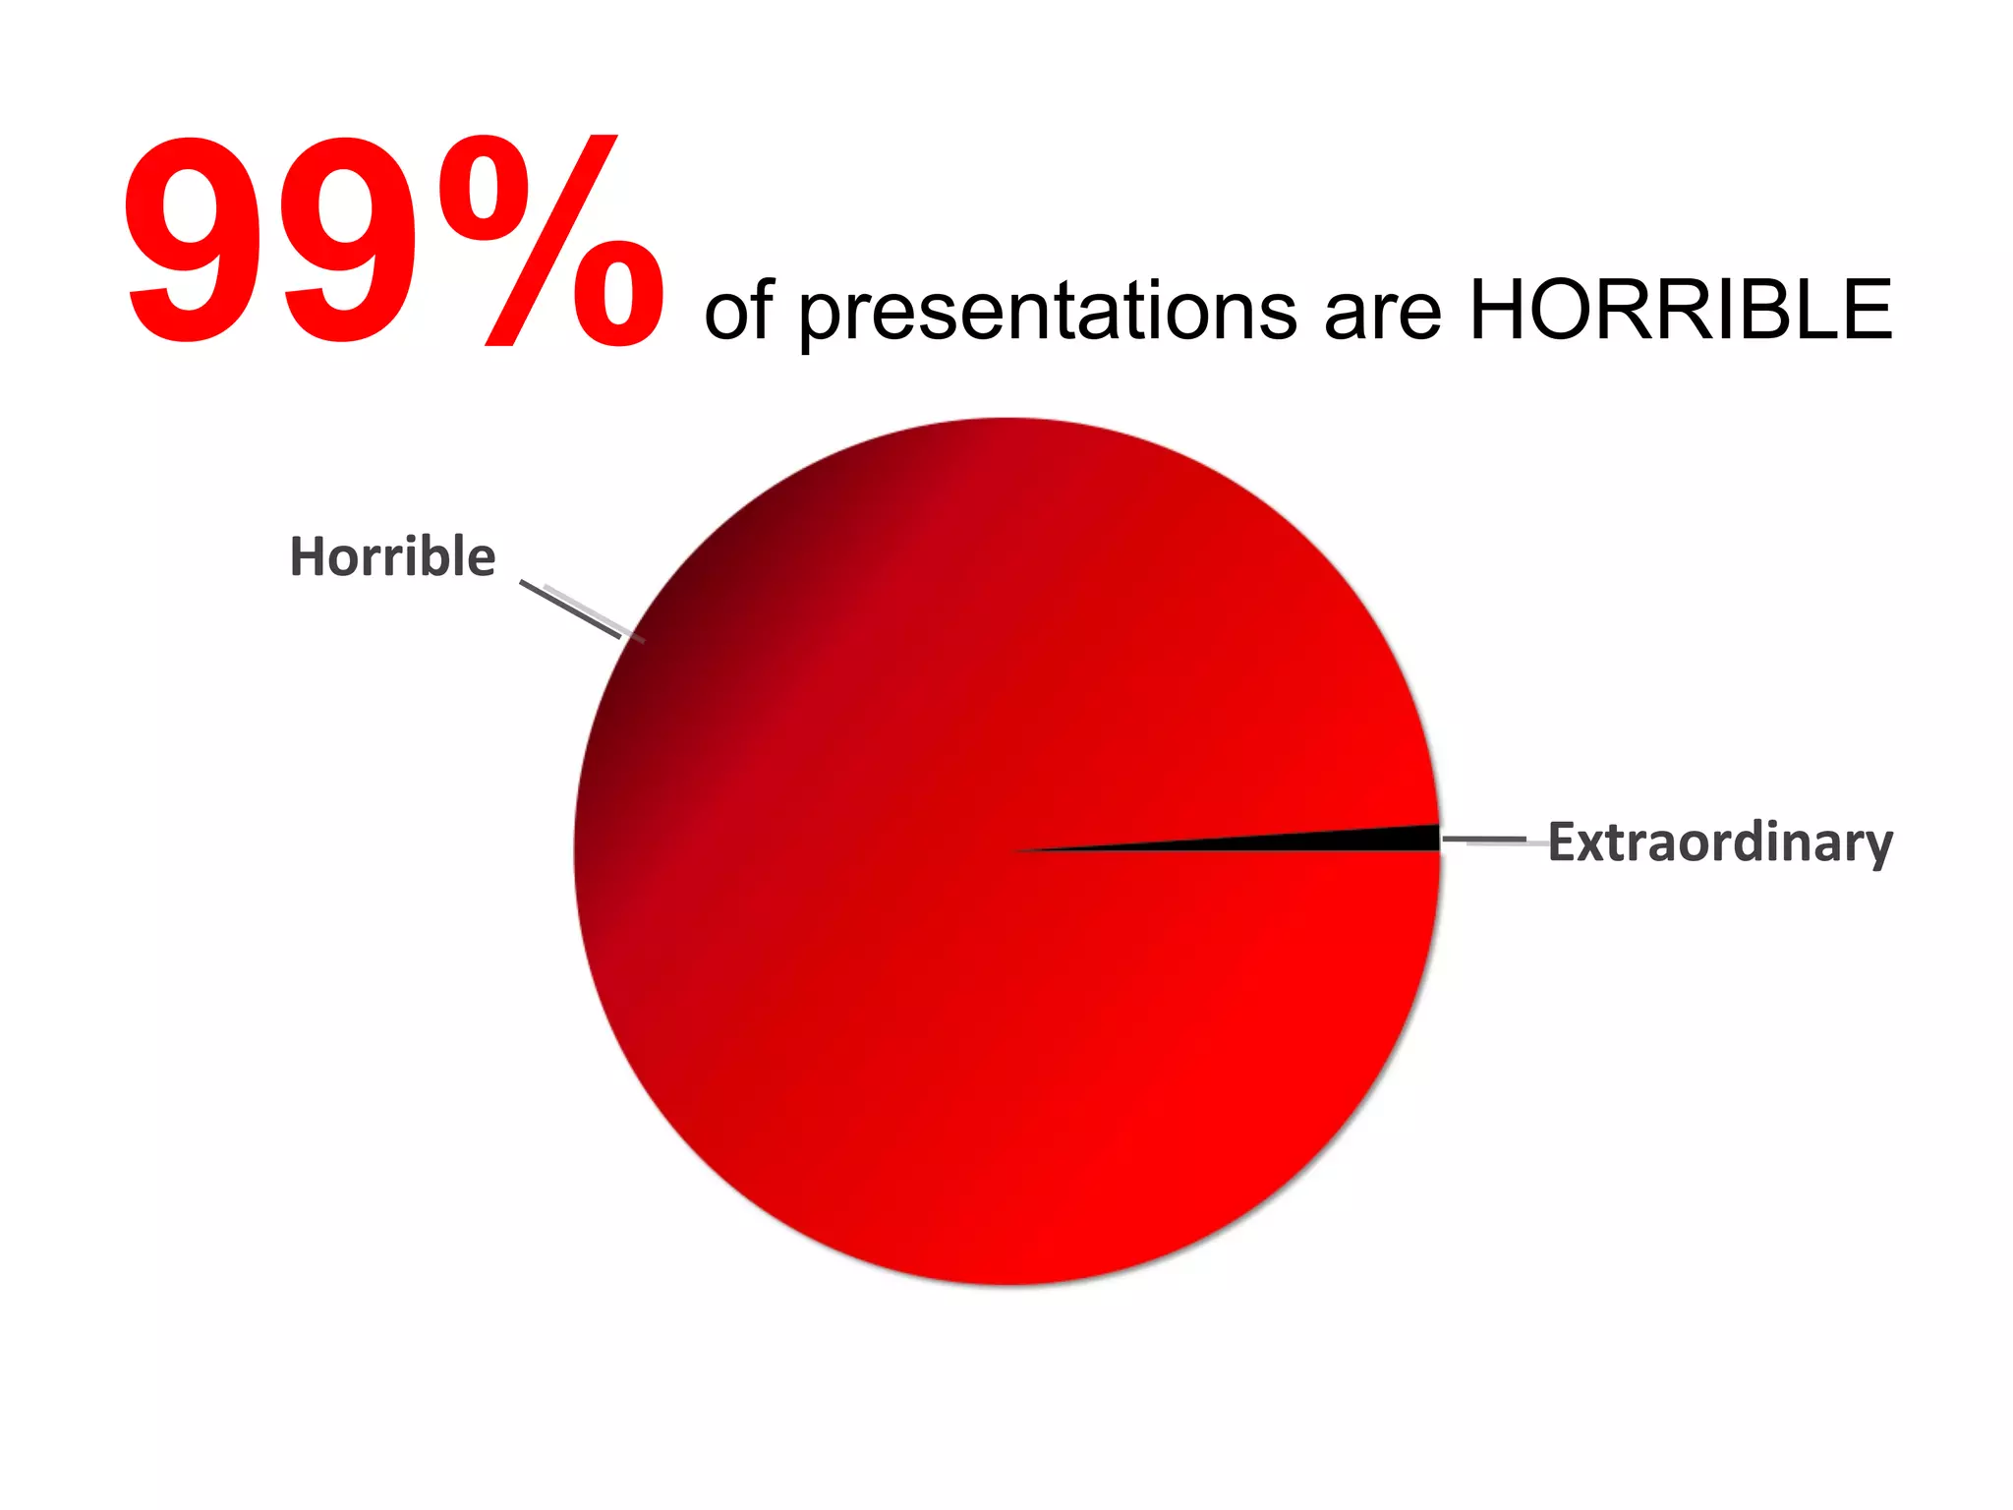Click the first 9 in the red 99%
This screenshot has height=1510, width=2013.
pos(187,241)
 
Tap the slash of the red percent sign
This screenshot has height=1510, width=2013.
pos(550,241)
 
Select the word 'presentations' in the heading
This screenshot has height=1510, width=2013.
pos(1047,313)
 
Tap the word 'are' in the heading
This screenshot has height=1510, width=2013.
pos(1382,313)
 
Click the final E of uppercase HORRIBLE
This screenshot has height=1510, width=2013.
pos(1865,310)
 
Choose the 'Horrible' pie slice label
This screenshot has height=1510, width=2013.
pos(392,556)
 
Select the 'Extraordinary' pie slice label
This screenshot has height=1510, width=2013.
pos(1720,842)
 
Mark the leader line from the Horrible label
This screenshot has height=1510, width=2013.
pos(570,610)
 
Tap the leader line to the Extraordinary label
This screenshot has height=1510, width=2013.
pos(1484,841)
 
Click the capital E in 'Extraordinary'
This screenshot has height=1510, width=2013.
pos(1563,842)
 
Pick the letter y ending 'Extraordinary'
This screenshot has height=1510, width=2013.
pos(1877,847)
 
